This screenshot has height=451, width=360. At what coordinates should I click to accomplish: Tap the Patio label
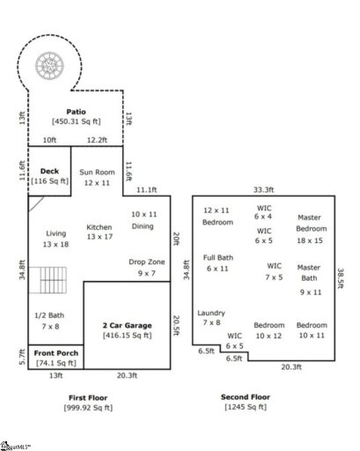[77, 112]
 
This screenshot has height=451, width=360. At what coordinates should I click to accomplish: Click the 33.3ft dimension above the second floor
[264, 189]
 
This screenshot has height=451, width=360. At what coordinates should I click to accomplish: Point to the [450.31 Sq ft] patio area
[77, 122]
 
